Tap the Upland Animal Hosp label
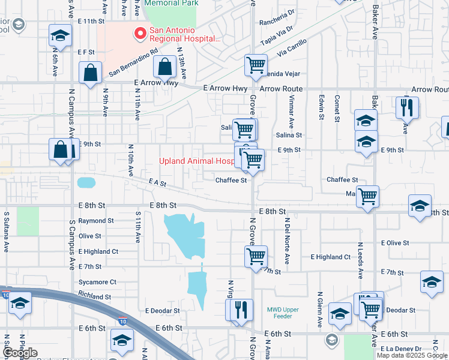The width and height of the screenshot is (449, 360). pyautogui.click(x=196, y=161)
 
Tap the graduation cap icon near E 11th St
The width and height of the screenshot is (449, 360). pyautogui.click(x=59, y=35)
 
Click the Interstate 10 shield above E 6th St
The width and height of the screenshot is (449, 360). pyautogui.click(x=122, y=322)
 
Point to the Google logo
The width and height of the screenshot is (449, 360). pyautogui.click(x=20, y=353)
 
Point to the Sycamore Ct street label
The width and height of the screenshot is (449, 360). pyautogui.click(x=97, y=281)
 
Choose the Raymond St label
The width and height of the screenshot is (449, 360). pyautogui.click(x=95, y=221)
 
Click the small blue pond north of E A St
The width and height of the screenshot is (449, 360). pyautogui.click(x=86, y=182)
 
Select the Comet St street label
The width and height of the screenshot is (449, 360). pyautogui.click(x=337, y=107)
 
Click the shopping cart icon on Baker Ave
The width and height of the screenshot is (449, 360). pyautogui.click(x=367, y=196)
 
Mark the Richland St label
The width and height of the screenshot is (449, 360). pyautogui.click(x=94, y=296)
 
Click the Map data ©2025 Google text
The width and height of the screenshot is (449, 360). pyautogui.click(x=412, y=355)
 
